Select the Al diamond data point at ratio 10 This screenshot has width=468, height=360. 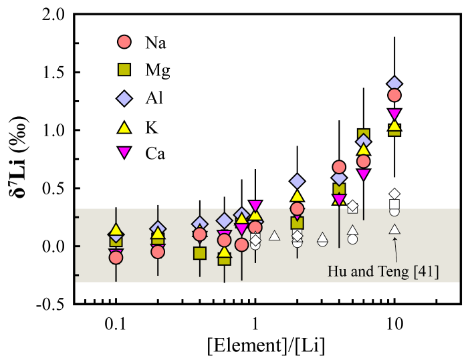coord(394,84)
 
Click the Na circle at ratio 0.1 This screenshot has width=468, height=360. coord(116,257)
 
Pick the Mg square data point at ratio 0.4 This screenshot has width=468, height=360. coord(199,253)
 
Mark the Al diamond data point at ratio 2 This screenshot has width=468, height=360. coord(298,182)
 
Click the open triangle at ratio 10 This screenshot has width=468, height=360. coord(394,230)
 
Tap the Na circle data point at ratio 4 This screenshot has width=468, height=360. coord(339,167)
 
